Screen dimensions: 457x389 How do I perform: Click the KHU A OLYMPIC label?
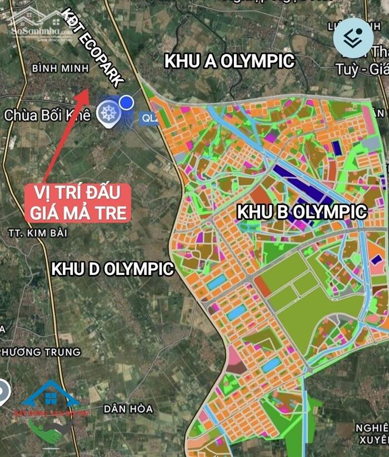(229, 62)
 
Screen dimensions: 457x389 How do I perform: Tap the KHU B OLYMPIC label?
(302, 212)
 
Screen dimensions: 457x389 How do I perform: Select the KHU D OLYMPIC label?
(113, 269)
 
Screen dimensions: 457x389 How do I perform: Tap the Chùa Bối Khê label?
(47, 115)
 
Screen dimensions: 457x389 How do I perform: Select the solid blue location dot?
(127, 102)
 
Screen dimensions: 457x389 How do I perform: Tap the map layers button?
(353, 38)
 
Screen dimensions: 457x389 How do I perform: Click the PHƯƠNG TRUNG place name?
(40, 352)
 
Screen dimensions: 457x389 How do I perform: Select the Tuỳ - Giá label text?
(360, 69)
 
